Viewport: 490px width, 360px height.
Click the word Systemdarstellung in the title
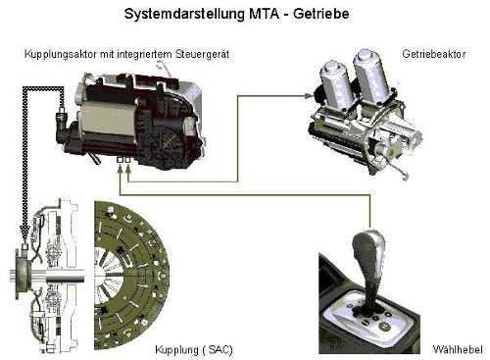pos(184,14)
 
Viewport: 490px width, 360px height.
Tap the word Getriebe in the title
pos(321,14)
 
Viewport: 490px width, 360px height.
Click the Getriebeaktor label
pos(434,54)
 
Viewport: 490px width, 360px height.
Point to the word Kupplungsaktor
pos(61,54)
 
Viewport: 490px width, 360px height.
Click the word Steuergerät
pos(203,54)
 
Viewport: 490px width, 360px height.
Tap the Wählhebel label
pos(458,349)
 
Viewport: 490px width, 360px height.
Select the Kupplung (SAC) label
pos(194,350)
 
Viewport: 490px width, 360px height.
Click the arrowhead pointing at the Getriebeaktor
pos(308,96)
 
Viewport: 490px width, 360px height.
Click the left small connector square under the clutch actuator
pos(120,160)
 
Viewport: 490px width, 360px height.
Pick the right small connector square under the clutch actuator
pos(127,160)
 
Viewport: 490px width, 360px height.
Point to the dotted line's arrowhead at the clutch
pos(24,231)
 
